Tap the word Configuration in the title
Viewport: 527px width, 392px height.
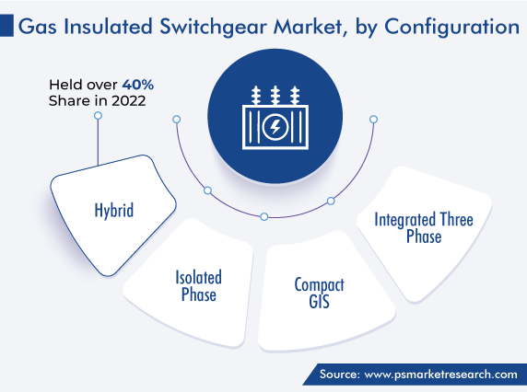tap(451, 28)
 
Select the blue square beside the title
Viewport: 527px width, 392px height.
tap(6, 25)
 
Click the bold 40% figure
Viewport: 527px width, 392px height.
tap(138, 85)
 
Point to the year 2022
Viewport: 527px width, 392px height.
tap(128, 100)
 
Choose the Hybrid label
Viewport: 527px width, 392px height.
tap(114, 211)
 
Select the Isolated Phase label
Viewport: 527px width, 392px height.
tap(199, 286)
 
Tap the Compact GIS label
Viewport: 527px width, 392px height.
tap(320, 293)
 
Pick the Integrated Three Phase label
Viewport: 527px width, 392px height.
tap(424, 227)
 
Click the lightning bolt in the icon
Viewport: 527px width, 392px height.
tap(275, 127)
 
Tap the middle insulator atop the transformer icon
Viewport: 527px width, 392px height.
tap(275, 96)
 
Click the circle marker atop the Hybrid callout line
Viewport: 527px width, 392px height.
tap(98, 116)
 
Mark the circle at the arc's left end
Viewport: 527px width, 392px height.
tap(177, 119)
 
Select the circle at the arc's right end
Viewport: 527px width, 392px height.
tap(373, 119)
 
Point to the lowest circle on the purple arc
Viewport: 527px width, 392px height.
tap(264, 216)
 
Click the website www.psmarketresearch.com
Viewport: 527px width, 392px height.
tap(441, 375)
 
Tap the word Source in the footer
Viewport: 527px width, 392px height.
tap(340, 374)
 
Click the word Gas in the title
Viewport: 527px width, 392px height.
tap(37, 27)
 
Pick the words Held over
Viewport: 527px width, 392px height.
tap(83, 85)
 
